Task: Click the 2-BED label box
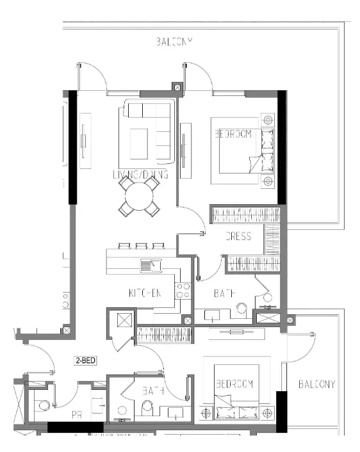tap(85, 361)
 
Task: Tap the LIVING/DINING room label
tap(140, 174)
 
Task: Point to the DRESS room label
tap(238, 236)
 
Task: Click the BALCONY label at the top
tap(174, 42)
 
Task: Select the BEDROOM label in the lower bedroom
tap(234, 384)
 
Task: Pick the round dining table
tap(139, 197)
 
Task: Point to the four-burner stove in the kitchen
tap(183, 291)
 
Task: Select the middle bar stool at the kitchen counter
tap(141, 245)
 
